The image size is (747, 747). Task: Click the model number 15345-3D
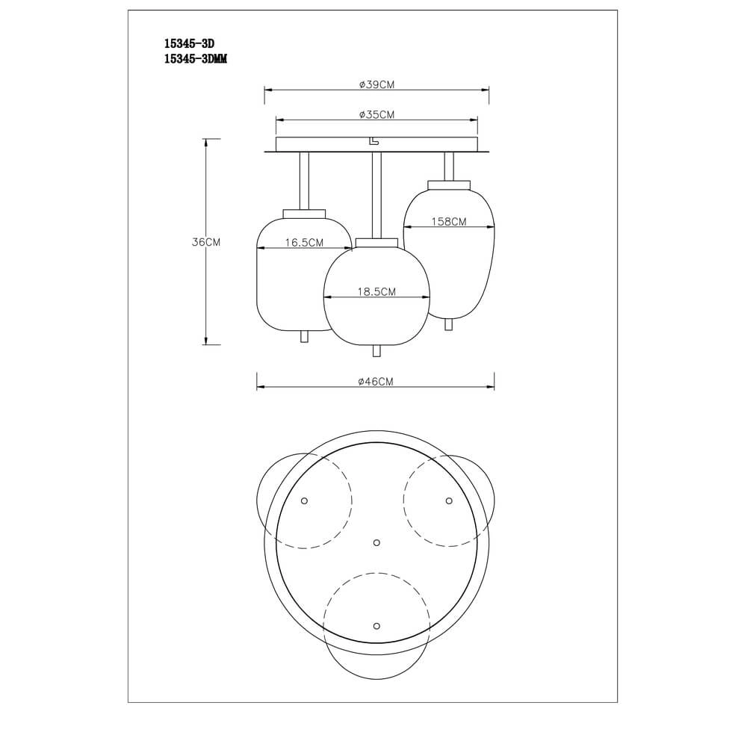(190, 44)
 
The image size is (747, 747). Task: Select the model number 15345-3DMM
(195, 59)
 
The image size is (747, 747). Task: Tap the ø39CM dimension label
(376, 85)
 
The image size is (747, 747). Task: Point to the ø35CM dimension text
(376, 115)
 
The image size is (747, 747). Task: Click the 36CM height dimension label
(206, 242)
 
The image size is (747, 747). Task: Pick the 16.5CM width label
(304, 243)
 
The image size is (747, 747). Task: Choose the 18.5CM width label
(376, 292)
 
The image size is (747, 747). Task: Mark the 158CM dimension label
(449, 222)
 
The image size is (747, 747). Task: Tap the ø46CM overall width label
(376, 382)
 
